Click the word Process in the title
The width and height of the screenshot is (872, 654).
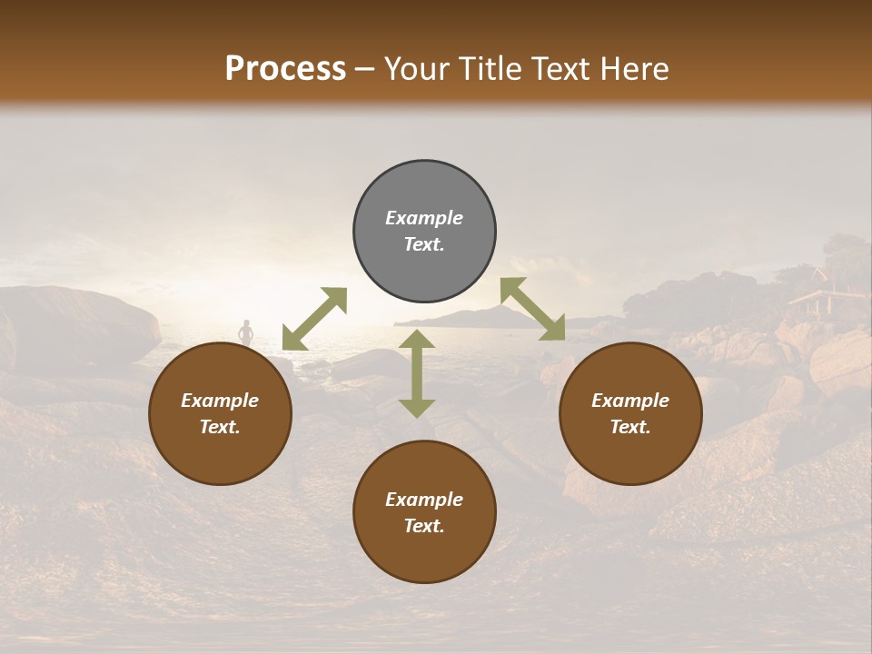(x=285, y=69)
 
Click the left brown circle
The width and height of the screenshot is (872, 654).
(x=220, y=413)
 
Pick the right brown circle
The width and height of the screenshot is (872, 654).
(x=630, y=413)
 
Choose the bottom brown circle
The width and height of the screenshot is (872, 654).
(x=424, y=512)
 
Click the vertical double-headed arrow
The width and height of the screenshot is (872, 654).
(x=417, y=373)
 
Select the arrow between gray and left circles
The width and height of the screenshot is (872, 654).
(x=314, y=319)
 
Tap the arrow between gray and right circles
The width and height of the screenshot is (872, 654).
(x=532, y=309)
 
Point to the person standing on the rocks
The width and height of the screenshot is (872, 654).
(x=245, y=332)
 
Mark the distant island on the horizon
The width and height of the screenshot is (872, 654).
(x=472, y=317)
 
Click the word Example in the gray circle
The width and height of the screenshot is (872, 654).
(x=424, y=218)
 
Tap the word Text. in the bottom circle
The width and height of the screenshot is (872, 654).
(x=424, y=526)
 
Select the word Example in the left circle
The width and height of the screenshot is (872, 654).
(x=220, y=401)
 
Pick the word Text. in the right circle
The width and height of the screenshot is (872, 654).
(x=630, y=427)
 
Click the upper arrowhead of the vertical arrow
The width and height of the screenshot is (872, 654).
(x=417, y=340)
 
